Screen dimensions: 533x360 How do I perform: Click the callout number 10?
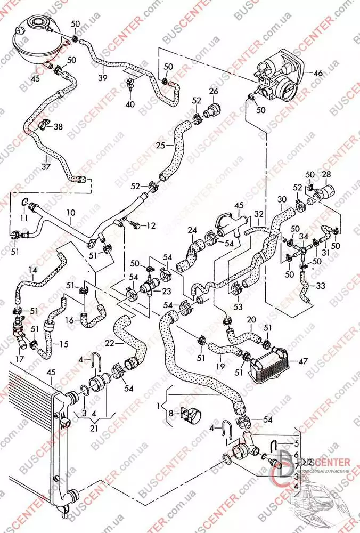coord(71,213)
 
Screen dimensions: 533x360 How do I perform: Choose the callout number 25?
coord(161,144)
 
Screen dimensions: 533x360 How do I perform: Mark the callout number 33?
coord(320,286)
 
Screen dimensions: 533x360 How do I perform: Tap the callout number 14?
coord(33,271)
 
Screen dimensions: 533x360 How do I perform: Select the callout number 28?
coord(326,174)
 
